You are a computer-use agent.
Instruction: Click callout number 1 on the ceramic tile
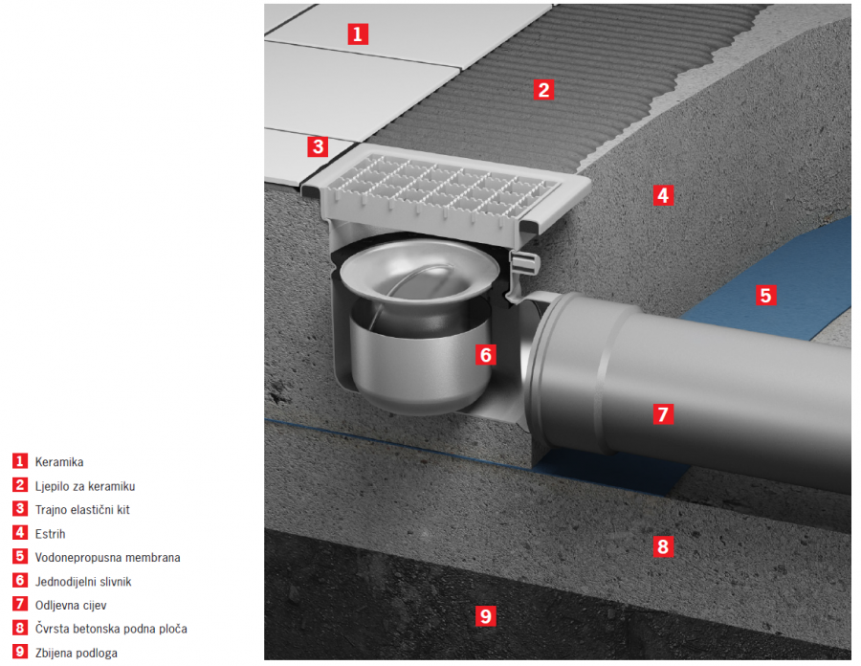pyautogui.click(x=358, y=34)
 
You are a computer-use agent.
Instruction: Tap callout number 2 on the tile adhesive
pyautogui.click(x=543, y=90)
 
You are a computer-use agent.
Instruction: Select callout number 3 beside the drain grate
pyautogui.click(x=318, y=146)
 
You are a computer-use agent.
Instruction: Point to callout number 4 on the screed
pyautogui.click(x=663, y=195)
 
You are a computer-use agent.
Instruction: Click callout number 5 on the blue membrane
pyautogui.click(x=765, y=296)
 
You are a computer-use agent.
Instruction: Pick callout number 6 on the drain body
pyautogui.click(x=485, y=355)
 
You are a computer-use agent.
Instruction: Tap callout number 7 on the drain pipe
pyautogui.click(x=663, y=413)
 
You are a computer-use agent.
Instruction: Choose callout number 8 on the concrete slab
pyautogui.click(x=663, y=546)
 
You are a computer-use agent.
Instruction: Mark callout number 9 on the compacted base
pyautogui.click(x=485, y=616)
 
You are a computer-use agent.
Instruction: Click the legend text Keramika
pyautogui.click(x=59, y=462)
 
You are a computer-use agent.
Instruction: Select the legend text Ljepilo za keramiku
pyautogui.click(x=85, y=486)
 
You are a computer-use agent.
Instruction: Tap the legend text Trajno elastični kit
pyautogui.click(x=82, y=509)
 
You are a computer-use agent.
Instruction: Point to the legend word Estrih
pyautogui.click(x=50, y=534)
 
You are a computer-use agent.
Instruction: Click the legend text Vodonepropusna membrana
pyautogui.click(x=107, y=557)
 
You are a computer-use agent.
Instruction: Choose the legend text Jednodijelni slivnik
pyautogui.click(x=83, y=582)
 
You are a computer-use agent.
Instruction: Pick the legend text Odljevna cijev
pyautogui.click(x=71, y=605)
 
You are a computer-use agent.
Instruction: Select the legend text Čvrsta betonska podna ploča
pyautogui.click(x=111, y=629)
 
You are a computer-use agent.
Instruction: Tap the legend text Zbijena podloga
pyautogui.click(x=77, y=653)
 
